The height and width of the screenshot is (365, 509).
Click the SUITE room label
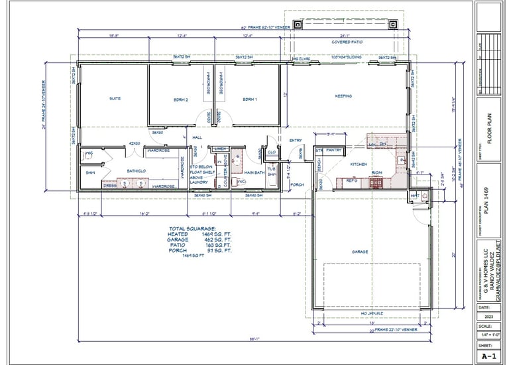coord(115,98)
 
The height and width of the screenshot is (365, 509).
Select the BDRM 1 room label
coord(249,99)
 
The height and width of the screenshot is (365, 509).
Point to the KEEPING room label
coord(343,96)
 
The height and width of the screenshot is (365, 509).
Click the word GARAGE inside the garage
coord(360,252)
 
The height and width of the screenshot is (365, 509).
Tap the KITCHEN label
coord(359,163)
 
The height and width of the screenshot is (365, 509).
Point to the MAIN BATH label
coord(255,172)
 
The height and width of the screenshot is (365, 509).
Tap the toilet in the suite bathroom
coord(89,157)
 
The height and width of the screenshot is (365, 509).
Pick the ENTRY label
coord(296,140)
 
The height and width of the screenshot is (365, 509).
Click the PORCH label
coord(297,184)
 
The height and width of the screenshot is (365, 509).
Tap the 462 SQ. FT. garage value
coord(217,240)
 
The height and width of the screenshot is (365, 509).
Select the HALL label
coord(197,137)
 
